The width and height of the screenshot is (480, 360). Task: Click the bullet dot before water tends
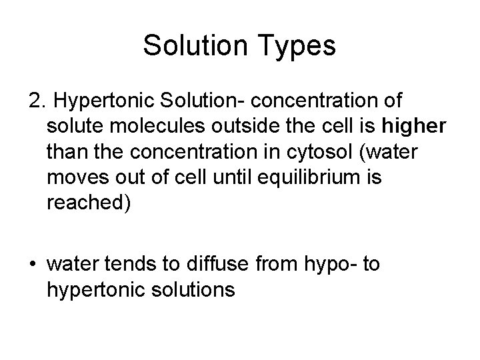pos(34,266)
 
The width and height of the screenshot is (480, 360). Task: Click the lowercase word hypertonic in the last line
pos(91,291)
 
